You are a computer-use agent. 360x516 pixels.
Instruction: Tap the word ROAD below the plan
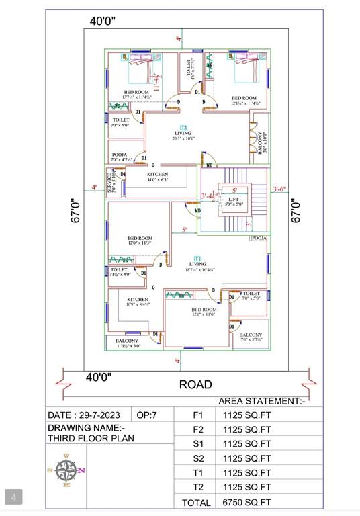click(x=195, y=385)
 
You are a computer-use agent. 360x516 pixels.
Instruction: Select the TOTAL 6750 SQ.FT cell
click(x=248, y=502)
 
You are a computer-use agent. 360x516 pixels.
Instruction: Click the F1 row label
click(x=197, y=415)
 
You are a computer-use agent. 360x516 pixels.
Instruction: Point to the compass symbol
click(x=66, y=470)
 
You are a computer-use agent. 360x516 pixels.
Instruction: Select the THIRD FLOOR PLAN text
click(x=91, y=439)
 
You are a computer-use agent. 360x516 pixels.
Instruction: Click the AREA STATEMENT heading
click(x=262, y=401)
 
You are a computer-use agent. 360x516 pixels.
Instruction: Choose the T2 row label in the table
click(x=197, y=487)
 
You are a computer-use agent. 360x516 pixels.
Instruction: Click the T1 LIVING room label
click(x=197, y=264)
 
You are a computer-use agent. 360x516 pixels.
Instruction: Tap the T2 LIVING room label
click(x=183, y=133)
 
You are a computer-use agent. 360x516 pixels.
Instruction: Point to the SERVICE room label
click(x=112, y=181)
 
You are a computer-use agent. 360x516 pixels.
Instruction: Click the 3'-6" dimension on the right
click(x=279, y=189)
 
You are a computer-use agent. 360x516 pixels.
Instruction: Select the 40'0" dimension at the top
click(x=103, y=21)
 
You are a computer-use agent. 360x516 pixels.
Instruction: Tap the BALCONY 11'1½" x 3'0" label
click(x=128, y=343)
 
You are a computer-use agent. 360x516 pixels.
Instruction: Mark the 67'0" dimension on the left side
click(x=77, y=210)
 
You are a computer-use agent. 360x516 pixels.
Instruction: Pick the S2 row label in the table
click(x=197, y=458)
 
